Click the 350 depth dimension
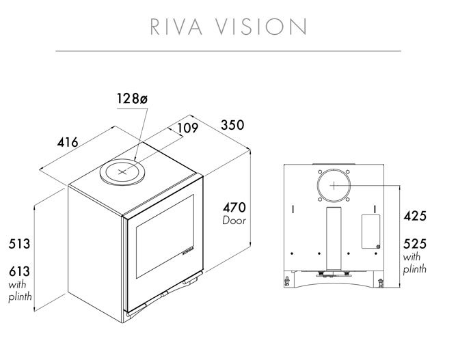pos(232,126)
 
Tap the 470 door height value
pos(234,207)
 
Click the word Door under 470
pos(234,221)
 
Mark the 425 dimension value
pos(414,217)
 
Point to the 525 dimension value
pos(414,244)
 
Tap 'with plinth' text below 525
pos(414,263)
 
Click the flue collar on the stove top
pos(123,171)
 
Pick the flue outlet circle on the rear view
pos(332,184)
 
